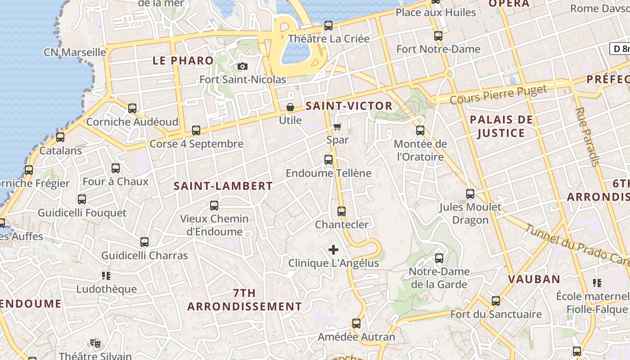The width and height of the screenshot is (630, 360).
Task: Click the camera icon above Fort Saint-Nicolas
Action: [243, 67]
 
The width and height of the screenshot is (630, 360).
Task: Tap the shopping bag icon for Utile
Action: [290, 107]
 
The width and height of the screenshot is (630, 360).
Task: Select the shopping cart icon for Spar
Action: [337, 127]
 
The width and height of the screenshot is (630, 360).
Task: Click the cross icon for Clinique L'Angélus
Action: [333, 250]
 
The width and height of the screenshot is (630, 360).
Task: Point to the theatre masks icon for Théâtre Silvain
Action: [95, 343]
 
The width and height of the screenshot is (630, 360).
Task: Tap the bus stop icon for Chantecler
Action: [342, 211]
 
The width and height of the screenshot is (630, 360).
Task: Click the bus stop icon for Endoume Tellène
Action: [328, 160]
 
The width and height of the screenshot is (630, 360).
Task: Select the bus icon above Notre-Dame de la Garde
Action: [439, 258]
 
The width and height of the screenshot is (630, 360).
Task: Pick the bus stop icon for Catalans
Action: [60, 137]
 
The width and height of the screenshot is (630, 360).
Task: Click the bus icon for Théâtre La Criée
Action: [328, 26]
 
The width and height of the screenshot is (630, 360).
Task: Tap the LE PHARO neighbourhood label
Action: [183, 61]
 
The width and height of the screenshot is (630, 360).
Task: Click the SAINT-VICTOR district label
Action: [349, 106]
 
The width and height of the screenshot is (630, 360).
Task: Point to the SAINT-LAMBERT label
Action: [223, 186]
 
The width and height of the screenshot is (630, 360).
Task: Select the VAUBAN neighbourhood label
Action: [534, 279]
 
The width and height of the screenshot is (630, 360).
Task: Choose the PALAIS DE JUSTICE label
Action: [501, 126]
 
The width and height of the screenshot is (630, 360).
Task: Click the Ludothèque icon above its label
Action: [106, 275]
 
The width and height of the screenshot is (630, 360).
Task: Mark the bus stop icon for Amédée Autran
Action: [356, 324]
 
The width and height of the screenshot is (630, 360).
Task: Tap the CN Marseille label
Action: [75, 52]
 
